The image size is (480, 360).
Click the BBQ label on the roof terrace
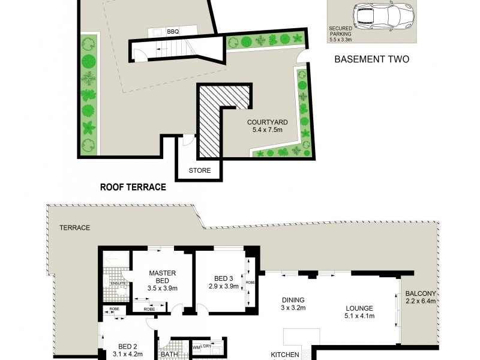point(173,32)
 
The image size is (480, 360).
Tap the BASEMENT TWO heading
point(371,59)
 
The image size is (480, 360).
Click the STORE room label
point(200,170)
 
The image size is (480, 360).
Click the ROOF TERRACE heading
point(133,187)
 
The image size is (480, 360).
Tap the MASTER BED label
point(163,277)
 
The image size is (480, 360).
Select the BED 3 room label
point(223,278)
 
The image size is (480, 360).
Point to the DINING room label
point(294,300)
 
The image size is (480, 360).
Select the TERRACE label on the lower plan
point(74,228)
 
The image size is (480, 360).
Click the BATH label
point(169,355)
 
